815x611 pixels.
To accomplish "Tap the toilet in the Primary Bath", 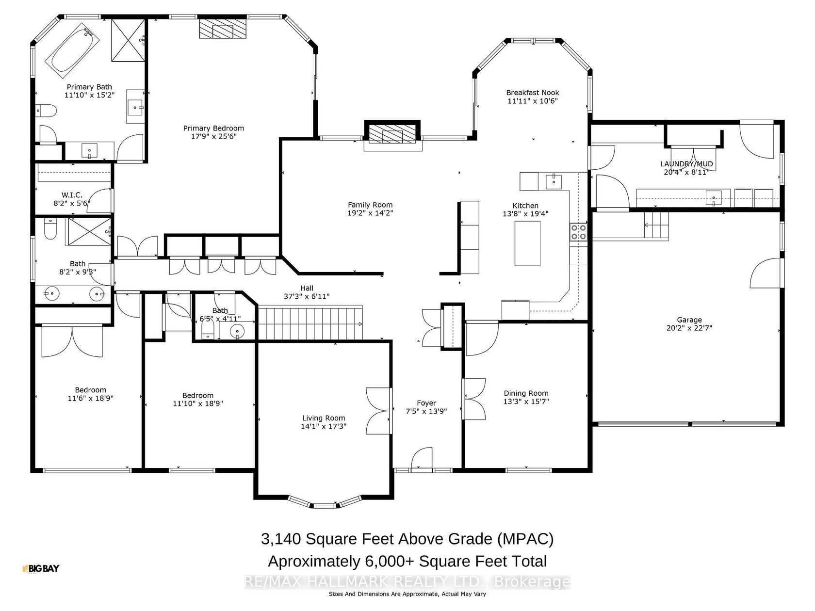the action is [46, 110].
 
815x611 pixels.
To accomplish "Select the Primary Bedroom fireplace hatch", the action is [223, 28].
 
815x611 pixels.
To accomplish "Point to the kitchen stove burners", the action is [578, 232].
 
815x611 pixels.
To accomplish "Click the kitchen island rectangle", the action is [527, 243].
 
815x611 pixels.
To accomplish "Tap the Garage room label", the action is [689, 320].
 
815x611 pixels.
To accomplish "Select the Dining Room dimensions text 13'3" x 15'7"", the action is [526, 402].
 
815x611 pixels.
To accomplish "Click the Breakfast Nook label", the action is [533, 93].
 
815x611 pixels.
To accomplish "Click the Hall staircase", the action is [310, 322].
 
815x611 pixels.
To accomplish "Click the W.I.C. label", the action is [72, 195].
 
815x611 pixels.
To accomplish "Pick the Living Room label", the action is [324, 418].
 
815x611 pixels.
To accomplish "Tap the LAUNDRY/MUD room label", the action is [686, 164].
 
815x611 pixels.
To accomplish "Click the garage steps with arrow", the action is [656, 225].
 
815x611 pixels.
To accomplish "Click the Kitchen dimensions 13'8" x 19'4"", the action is [525, 214].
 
